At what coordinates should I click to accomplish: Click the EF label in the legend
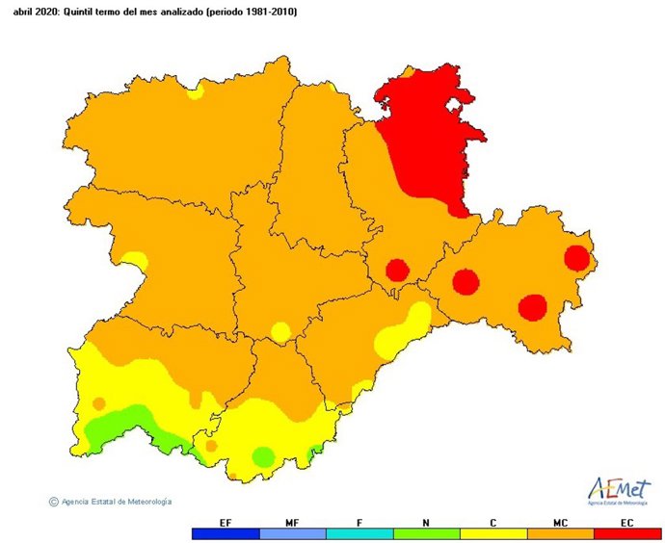pos(226,522)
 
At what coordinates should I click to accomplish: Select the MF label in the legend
pos(292,522)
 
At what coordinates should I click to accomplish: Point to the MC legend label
pos(561,522)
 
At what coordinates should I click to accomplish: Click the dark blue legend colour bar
pos(226,533)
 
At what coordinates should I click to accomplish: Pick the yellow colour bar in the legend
pos(493,533)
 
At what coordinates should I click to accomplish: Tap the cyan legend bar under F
pos(359,533)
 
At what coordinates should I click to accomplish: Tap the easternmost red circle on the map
pos(576,258)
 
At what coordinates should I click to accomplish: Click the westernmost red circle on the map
pos(396,270)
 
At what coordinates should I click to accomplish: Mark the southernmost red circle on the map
pos(532,307)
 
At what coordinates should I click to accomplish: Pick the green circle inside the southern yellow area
pos(262,457)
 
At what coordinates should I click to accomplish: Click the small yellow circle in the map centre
pos(279,332)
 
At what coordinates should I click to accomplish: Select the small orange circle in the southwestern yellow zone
pos(98,403)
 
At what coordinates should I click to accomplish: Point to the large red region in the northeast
pos(424,135)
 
